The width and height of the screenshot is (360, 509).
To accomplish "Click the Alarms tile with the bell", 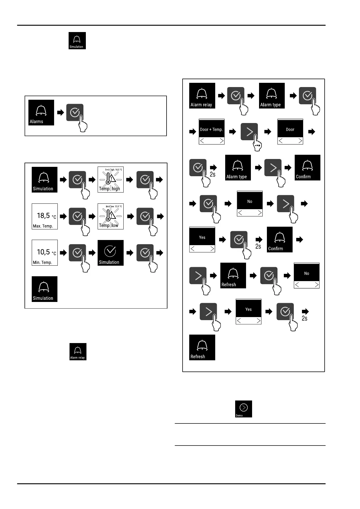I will pos(41,112).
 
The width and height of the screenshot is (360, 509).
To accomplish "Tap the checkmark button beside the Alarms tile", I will pos(75,113).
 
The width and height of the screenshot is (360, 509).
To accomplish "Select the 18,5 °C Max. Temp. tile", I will pos(45,216).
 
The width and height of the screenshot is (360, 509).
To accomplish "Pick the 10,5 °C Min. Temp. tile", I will pos(45,253).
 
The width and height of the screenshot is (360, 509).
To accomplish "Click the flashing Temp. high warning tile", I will pos(110,180).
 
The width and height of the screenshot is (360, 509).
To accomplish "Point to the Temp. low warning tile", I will pos(110,216).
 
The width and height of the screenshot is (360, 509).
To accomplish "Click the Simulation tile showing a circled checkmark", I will pos(110,253).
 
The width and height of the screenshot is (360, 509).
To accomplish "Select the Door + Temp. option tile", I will pos(212,131).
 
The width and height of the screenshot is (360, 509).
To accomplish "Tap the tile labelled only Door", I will pos(290,131).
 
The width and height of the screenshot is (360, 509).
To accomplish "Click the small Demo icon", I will pos(244,409).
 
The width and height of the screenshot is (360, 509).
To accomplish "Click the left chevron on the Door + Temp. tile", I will pos(202,141).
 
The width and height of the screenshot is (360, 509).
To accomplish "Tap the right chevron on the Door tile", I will pos(300,141).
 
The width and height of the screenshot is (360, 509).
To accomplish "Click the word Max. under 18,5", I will pos(37,226).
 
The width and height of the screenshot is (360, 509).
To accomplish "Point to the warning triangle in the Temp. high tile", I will pos(112,179).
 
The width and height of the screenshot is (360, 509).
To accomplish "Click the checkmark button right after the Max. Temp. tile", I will pos(77,216).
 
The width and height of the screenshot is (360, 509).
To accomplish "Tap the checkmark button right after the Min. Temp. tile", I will pos(77,253).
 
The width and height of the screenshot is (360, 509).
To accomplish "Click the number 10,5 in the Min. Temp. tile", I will pos(43,252).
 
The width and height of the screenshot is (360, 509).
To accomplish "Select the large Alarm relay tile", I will pos(202,96).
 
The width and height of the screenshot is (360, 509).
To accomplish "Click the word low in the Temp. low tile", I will pos(115,225).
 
